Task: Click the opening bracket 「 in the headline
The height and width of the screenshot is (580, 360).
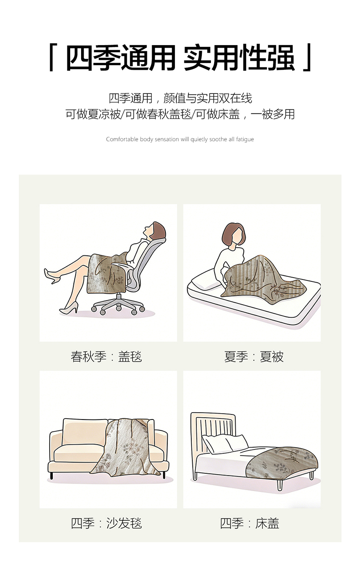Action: tap(51, 57)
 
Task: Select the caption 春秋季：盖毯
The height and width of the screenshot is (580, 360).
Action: tap(106, 357)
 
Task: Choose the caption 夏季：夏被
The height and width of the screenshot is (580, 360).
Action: tap(254, 357)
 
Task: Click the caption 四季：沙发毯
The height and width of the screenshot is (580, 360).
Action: tap(106, 523)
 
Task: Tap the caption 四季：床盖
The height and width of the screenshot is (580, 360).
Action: tap(250, 523)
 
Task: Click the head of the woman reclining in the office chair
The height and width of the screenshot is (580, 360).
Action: tap(155, 230)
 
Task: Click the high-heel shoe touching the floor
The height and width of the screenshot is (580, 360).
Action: tap(69, 308)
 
